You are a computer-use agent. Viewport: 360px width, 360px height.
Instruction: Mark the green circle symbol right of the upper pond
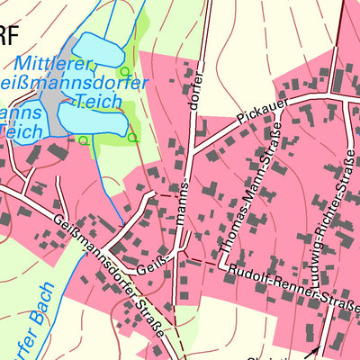125,71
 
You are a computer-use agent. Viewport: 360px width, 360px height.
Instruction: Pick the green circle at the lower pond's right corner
131,138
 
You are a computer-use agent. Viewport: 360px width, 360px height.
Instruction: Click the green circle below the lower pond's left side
83,139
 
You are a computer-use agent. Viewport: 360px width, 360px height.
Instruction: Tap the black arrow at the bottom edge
314,351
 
